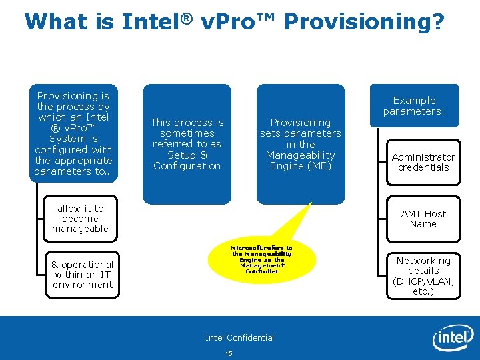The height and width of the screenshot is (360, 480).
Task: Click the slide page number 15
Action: coord(229,353)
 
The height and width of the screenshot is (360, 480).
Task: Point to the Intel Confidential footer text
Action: coord(239,337)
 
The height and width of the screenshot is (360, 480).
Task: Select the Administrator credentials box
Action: coord(423,162)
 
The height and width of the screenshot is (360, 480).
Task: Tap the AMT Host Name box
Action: coord(423,219)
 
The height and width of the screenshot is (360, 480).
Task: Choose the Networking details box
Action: coord(423,275)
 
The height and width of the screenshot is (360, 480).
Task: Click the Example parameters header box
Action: coord(414,106)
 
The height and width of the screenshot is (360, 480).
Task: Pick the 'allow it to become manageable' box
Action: coord(80,219)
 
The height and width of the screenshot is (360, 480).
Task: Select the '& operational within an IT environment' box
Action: coord(83,275)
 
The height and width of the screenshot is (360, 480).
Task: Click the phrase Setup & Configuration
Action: coord(187,160)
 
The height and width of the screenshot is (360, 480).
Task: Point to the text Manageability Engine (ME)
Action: coord(300,160)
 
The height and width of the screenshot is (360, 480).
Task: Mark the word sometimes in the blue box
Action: coord(187,133)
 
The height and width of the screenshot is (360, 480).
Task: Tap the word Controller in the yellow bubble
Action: coord(261,271)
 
